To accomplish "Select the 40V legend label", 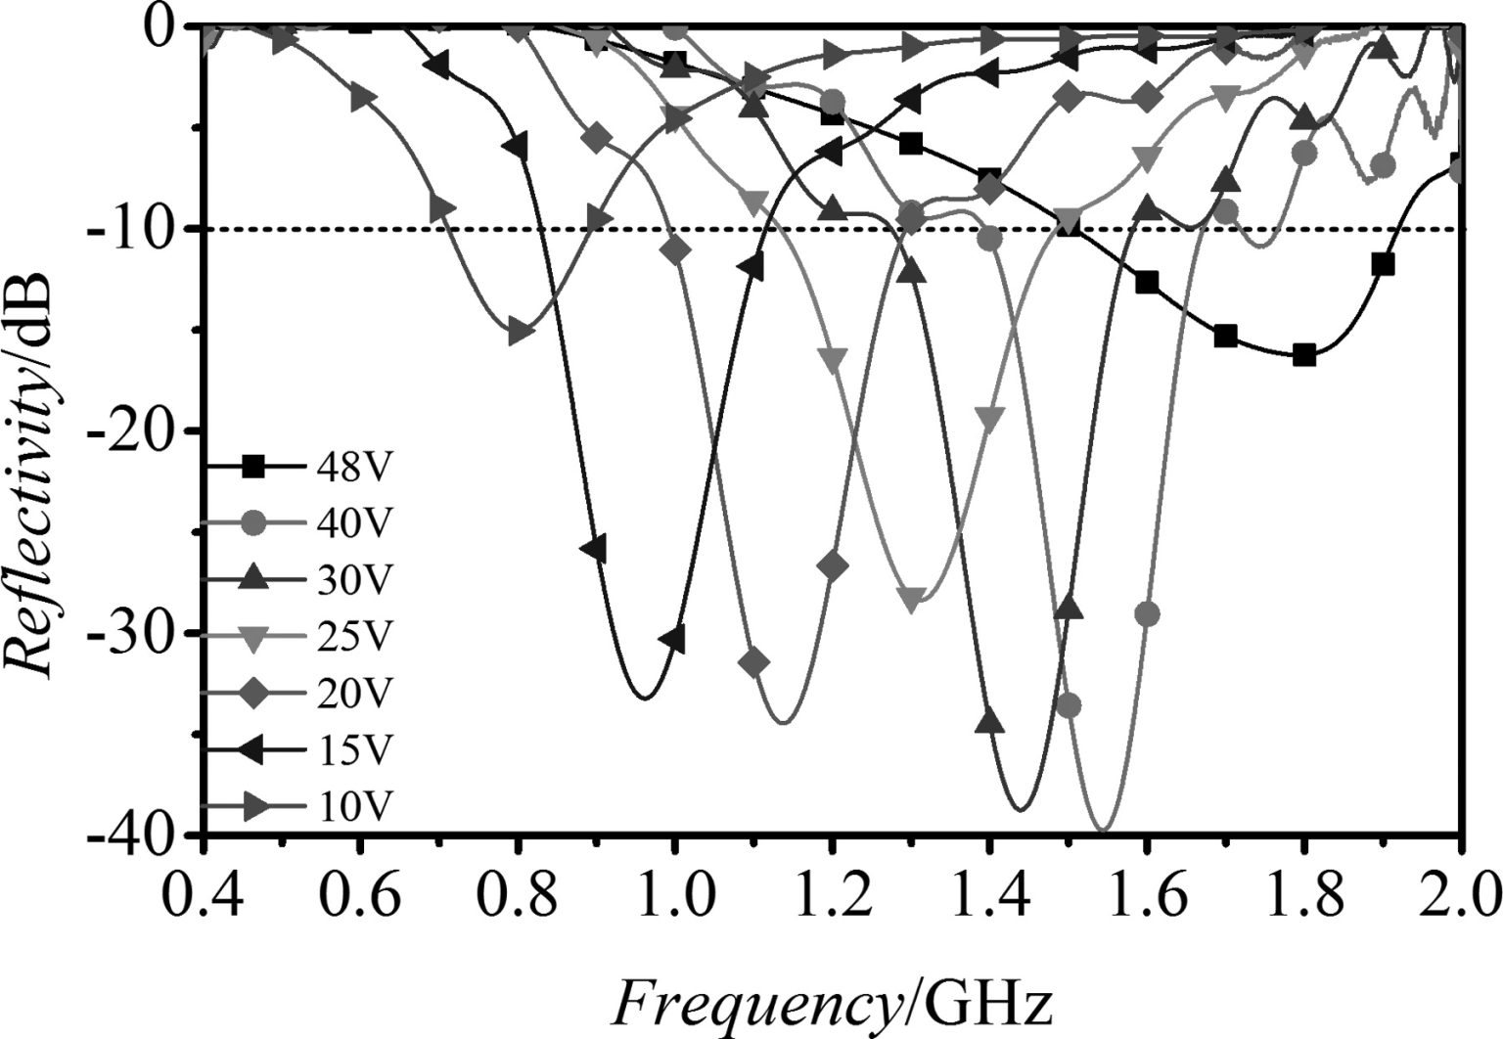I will [352, 523].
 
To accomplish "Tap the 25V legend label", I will [352, 637].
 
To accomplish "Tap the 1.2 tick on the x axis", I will [831, 892].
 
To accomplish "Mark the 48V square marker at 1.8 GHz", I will [1303, 355].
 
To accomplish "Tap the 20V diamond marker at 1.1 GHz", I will [753, 663].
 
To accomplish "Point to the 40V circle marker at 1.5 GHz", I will [1069, 705].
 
